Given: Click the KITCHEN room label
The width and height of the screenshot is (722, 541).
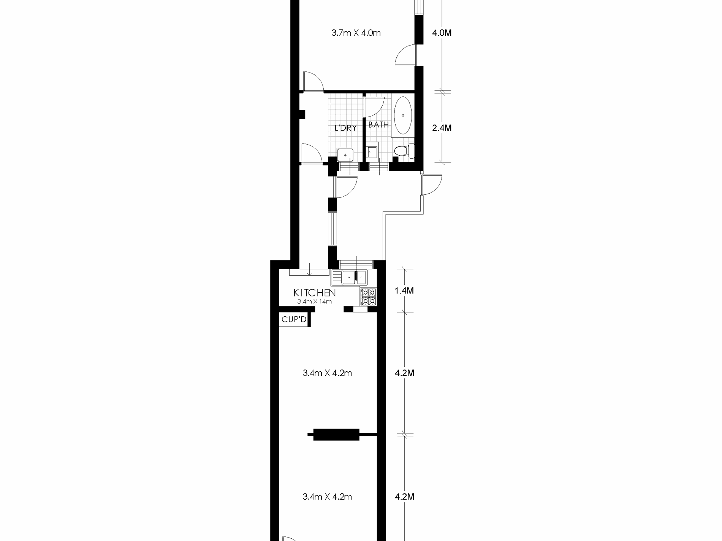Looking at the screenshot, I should (x=315, y=293).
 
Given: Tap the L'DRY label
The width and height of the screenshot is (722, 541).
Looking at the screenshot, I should (x=345, y=128).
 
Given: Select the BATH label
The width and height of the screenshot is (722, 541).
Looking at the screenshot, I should (x=378, y=125).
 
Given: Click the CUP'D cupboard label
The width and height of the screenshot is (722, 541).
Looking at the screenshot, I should (x=294, y=320).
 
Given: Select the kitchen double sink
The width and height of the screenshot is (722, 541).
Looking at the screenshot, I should (x=354, y=277).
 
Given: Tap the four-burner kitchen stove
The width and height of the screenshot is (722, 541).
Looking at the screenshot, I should (x=368, y=297).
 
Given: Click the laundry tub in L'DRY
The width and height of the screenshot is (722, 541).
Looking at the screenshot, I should (x=345, y=155).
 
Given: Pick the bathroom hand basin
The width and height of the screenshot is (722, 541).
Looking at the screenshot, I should (x=372, y=152).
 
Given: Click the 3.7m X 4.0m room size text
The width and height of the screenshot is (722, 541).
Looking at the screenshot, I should (x=356, y=33).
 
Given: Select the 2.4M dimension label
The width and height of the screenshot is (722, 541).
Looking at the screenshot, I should (x=442, y=128).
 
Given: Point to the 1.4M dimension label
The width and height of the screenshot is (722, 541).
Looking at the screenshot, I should (x=404, y=291).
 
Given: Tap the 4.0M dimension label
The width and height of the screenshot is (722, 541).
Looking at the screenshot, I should (x=442, y=33).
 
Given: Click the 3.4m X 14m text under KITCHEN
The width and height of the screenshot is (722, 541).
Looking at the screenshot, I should (x=315, y=302).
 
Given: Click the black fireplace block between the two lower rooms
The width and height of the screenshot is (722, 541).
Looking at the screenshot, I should (x=336, y=434).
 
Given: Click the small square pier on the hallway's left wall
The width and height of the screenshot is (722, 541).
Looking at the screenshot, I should (x=302, y=114).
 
